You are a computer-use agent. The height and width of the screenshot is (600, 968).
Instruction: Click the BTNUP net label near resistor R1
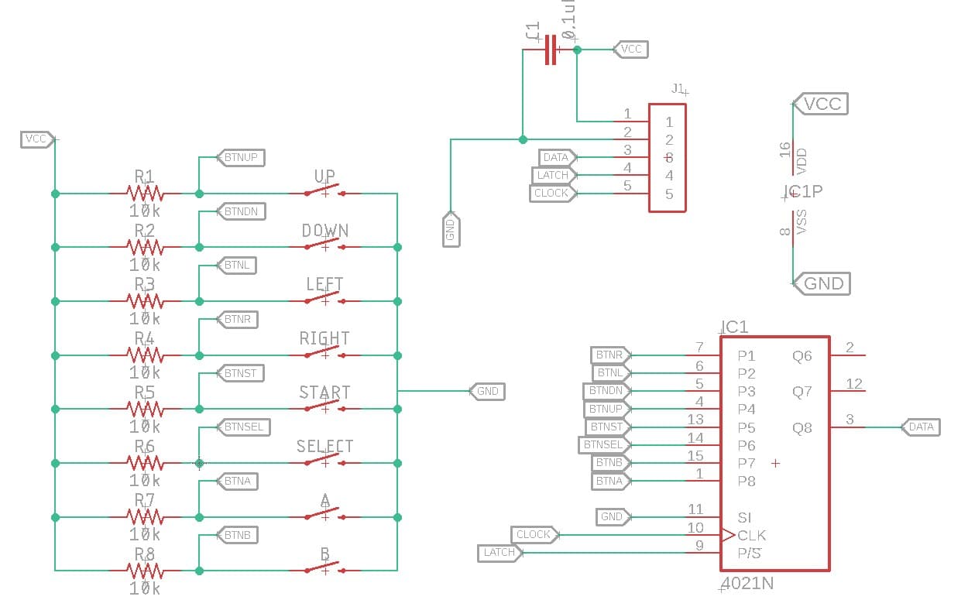click(x=241, y=157)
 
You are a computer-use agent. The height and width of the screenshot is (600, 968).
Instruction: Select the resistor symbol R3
click(x=144, y=301)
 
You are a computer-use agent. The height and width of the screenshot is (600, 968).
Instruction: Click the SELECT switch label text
click(x=324, y=447)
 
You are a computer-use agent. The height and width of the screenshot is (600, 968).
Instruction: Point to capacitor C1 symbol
click(x=551, y=50)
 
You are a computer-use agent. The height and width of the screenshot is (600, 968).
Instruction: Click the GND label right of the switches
click(x=487, y=391)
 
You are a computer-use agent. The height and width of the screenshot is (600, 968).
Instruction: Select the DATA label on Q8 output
click(x=921, y=427)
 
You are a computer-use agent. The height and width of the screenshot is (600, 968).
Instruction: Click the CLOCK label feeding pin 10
click(x=533, y=534)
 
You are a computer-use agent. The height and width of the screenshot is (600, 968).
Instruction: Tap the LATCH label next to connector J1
click(x=553, y=175)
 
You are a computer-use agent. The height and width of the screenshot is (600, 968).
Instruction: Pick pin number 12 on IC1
click(x=854, y=384)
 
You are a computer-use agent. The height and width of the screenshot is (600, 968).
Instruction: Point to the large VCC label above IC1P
click(x=822, y=104)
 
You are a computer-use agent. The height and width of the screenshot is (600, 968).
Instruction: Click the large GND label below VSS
click(x=822, y=283)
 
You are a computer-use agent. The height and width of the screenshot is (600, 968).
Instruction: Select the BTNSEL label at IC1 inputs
click(x=602, y=444)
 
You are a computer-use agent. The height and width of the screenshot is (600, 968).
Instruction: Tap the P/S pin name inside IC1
click(x=749, y=553)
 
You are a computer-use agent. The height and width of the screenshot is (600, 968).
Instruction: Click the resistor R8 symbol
click(x=144, y=571)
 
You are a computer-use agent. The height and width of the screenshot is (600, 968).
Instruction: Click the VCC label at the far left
click(x=36, y=139)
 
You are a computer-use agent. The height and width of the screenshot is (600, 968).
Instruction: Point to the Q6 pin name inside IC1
click(x=802, y=356)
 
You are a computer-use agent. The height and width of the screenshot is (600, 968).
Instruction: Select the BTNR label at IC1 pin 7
click(x=609, y=355)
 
